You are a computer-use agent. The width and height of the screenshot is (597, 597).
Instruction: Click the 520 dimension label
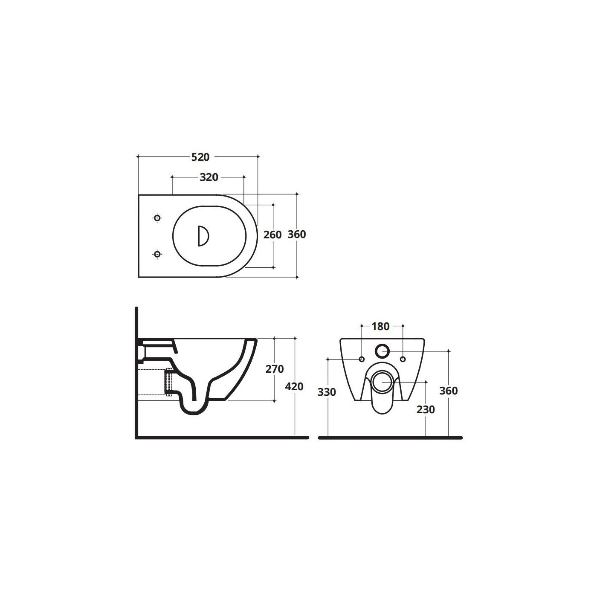point(200,157)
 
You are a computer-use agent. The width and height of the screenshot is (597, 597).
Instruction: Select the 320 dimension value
point(209,177)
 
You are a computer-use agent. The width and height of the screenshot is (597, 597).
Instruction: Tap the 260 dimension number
point(272,235)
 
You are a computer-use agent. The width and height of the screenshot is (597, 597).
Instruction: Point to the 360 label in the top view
point(297,234)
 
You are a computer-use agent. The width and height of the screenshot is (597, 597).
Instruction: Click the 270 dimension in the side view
point(274,369)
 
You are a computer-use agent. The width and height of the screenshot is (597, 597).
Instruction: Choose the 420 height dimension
point(294,386)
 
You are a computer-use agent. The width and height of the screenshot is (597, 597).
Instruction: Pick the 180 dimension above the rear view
point(380,326)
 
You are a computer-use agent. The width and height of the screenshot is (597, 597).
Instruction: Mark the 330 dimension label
point(327,392)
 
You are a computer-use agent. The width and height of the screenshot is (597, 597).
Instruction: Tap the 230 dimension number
point(426,409)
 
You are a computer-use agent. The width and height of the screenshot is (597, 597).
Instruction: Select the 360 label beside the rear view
point(449,391)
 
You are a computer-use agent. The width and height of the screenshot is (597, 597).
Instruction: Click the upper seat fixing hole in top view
point(157,218)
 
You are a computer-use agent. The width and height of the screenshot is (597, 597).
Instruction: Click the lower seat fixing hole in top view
point(157,254)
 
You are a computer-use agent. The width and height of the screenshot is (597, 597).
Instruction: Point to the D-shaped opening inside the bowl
point(203,236)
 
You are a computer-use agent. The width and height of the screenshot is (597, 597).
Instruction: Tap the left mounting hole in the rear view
point(362,359)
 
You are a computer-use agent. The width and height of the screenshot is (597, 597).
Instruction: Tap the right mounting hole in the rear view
point(403,359)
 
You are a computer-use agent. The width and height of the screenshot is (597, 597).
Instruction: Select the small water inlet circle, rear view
point(382,351)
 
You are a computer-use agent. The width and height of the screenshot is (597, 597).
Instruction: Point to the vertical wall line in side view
point(136,371)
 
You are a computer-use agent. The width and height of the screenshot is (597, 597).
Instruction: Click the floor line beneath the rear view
point(390,438)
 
